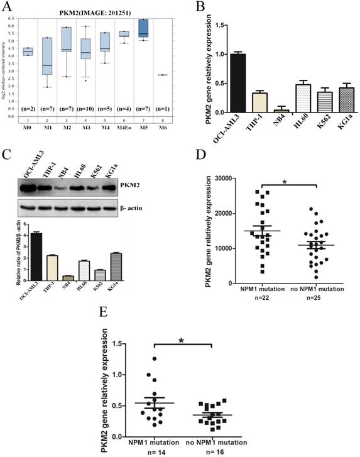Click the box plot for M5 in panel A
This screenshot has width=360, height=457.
(x=144, y=28)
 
